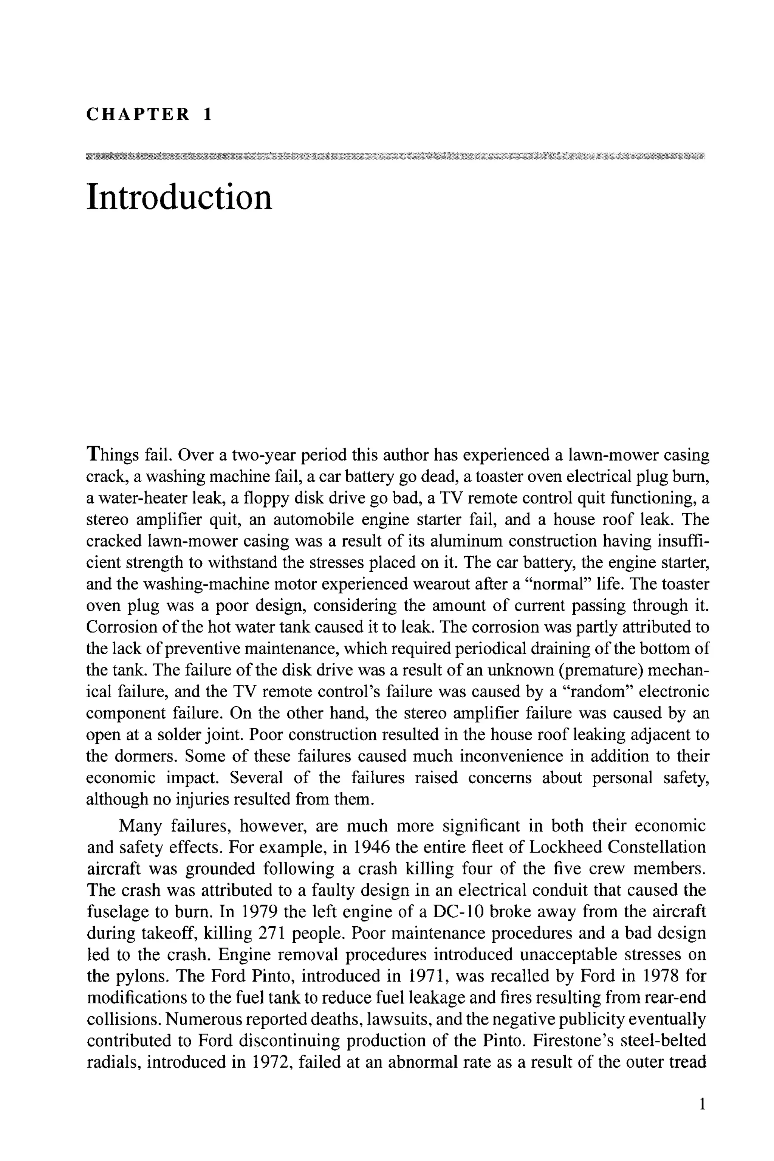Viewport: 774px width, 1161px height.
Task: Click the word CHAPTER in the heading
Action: pos(138,115)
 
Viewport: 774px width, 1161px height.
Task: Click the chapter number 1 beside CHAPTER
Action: pos(207,115)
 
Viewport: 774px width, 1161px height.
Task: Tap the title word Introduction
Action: pos(179,197)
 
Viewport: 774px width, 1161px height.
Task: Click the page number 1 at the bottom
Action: pos(702,1118)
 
